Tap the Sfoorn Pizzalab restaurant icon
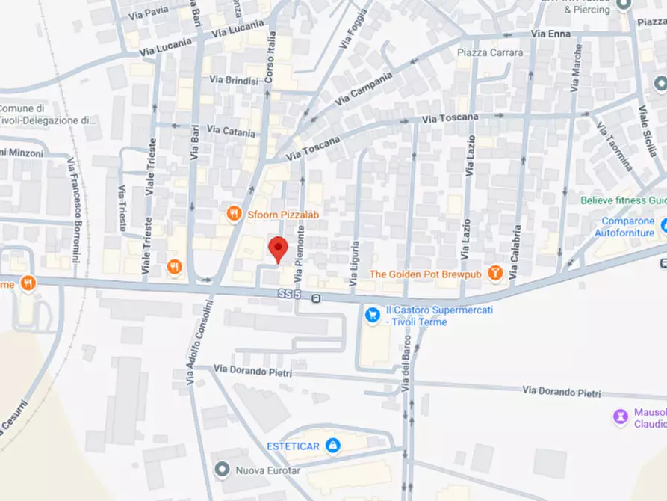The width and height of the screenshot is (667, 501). pos(235,215)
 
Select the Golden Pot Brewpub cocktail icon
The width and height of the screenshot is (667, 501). pos(494,274)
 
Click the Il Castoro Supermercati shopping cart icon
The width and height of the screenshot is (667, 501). pos(372,316)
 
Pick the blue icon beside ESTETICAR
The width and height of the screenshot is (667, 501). pos(333,446)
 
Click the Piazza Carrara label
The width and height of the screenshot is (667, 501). pos(490,53)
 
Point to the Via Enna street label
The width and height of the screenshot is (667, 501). pos(550,34)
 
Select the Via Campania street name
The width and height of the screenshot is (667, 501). pos(363,88)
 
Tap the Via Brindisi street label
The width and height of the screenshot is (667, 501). pos(234,80)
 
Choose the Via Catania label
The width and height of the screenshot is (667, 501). pos(232,131)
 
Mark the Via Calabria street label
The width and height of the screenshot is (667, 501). pos(515,253)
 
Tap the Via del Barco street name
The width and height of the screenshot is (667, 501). pos(406,372)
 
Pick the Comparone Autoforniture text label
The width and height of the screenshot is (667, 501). pos(628,227)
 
